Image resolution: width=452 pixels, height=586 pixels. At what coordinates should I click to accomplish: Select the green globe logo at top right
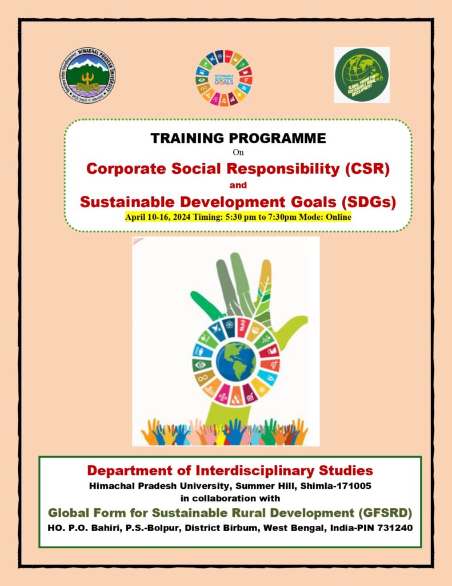(361, 75)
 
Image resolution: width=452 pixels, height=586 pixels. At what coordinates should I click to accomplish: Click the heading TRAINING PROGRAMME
(238, 138)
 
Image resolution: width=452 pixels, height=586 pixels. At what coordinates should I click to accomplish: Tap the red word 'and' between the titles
(238, 185)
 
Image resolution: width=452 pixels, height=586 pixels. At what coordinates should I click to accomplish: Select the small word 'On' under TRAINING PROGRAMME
(238, 152)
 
